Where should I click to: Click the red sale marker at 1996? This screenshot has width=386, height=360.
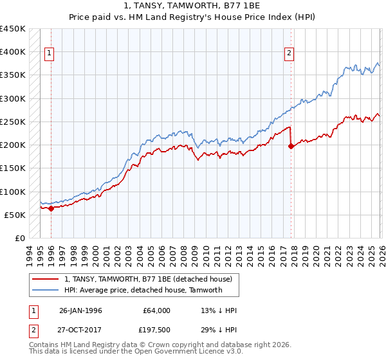[51, 208]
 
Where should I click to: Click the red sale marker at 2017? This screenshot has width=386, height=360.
[291, 146]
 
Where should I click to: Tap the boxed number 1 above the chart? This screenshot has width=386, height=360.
[50, 53]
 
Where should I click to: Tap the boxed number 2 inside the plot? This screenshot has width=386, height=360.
[289, 53]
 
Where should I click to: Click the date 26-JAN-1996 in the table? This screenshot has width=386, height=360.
[82, 310]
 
